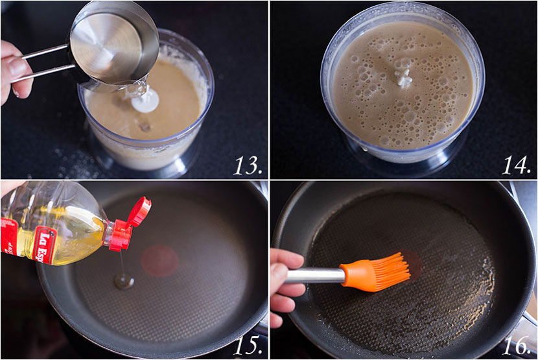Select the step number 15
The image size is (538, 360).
tap(248, 345)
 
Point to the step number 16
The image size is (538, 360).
tap(517, 345)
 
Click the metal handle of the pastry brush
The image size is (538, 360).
tap(315, 276)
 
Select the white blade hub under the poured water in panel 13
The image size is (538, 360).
tap(145, 101)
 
